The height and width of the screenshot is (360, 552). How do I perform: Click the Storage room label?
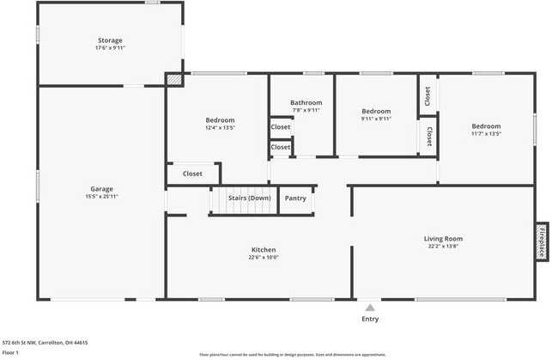(110, 40)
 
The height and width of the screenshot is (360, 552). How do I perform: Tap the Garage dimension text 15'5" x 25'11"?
(102, 197)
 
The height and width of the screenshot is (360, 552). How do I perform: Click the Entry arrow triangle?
(370, 307)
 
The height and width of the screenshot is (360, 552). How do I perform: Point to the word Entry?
(370, 319)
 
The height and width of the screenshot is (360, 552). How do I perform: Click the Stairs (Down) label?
(250, 198)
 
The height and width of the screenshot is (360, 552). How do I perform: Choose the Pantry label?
(295, 198)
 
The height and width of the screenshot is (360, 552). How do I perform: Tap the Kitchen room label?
(264, 249)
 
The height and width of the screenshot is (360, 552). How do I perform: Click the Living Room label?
(443, 238)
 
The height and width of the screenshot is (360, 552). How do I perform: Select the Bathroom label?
(306, 102)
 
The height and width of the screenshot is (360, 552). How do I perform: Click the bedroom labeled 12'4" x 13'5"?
(220, 120)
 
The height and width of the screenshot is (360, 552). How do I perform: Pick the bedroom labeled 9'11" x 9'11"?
(376, 111)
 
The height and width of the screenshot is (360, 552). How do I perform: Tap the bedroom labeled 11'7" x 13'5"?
(485, 126)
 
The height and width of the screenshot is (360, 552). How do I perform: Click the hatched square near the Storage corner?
(175, 78)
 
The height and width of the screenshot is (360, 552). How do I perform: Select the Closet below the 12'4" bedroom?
(192, 174)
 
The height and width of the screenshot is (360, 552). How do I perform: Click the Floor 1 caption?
(10, 352)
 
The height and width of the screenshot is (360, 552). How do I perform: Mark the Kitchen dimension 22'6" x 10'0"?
(264, 257)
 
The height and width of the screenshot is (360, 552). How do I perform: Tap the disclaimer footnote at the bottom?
(291, 354)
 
